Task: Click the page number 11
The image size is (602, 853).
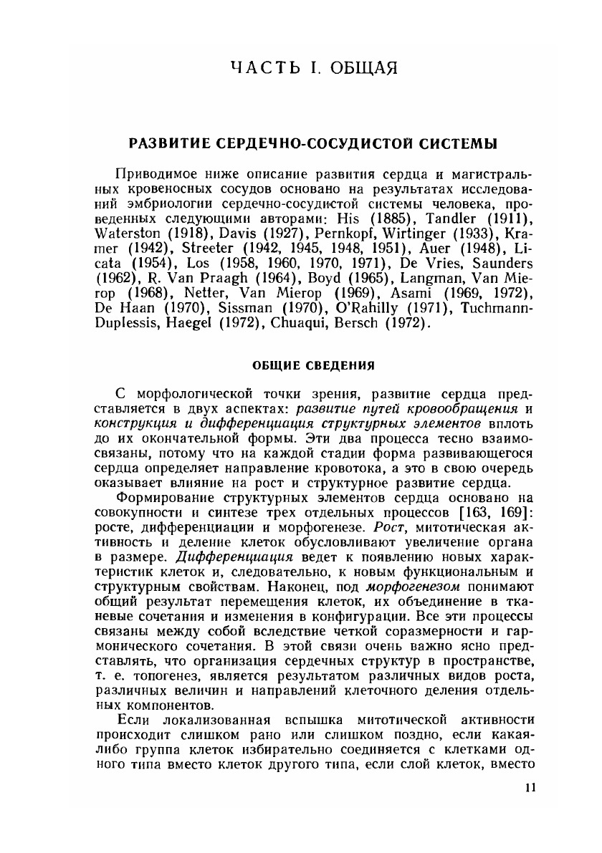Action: (530, 788)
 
